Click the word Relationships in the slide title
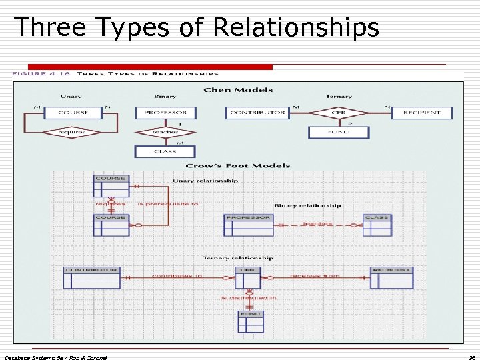pos(296,27)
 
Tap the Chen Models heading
pos(238,90)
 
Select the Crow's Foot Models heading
pos(238,165)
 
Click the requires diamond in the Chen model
pos(71,133)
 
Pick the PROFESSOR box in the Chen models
pos(165,113)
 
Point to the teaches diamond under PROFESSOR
pos(165,132)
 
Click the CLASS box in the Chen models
pos(165,151)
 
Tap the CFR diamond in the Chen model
pos(338,113)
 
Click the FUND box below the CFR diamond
pos(339,132)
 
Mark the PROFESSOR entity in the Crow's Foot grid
pos(248,225)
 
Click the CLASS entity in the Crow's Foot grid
pos(377,225)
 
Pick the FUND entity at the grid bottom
pos(251,321)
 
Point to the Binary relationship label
pos(307,205)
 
